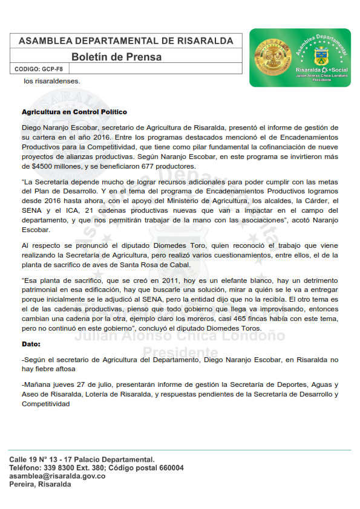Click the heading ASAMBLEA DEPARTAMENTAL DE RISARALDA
click(x=126, y=41)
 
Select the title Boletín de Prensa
click(x=116, y=57)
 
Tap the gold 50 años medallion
click(x=270, y=57)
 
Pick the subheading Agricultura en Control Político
click(x=74, y=112)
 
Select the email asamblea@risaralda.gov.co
click(x=57, y=476)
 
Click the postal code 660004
click(x=169, y=468)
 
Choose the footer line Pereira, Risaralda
click(x=40, y=485)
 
